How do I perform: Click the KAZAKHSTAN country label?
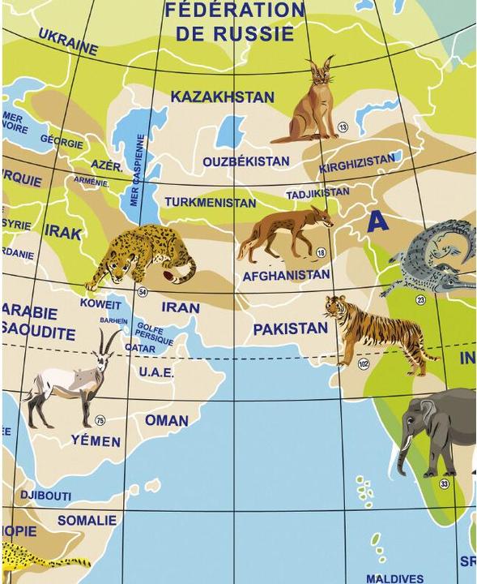pyautogui.click(x=223, y=97)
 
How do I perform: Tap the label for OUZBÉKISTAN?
pyautogui.click(x=245, y=161)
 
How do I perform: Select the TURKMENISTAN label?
pyautogui.click(x=215, y=201)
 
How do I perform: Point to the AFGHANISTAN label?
pyautogui.click(x=286, y=276)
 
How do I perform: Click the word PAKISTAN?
pyautogui.click(x=290, y=329)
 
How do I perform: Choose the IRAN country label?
pyautogui.click(x=180, y=307)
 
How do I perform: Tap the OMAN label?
pyautogui.click(x=167, y=420)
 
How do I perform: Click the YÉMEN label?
pyautogui.click(x=96, y=442)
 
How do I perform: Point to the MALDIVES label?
pyautogui.click(x=394, y=578)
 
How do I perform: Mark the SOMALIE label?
pyautogui.click(x=87, y=520)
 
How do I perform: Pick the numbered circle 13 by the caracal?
pyautogui.click(x=343, y=127)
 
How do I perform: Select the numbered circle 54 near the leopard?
pyautogui.click(x=143, y=293)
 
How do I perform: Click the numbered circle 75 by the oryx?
pyautogui.click(x=100, y=419)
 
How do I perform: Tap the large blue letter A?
pyautogui.click(x=377, y=221)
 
